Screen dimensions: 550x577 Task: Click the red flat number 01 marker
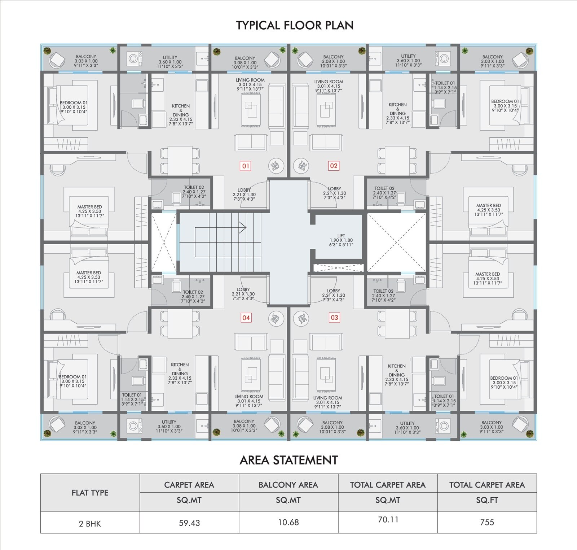pos(246,166)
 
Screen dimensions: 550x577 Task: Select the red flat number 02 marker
pos(334,166)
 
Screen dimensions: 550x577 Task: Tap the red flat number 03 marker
pos(334,318)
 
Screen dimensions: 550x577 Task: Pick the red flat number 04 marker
pos(246,318)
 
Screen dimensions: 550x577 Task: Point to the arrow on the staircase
pos(242,227)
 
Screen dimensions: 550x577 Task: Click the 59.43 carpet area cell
pos(189,523)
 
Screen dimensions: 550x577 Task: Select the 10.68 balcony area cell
pos(288,522)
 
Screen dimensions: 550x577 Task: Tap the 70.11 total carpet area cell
pos(388,519)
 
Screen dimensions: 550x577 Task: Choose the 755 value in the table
pos(487,522)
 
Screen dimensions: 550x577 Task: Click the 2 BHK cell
pos(90,523)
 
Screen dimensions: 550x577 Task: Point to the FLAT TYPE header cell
pos(90,493)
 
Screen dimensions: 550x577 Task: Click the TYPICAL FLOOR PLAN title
pos(295,25)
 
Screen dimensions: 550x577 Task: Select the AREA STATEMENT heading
pos(288,460)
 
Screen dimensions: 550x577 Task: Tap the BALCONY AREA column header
pos(288,485)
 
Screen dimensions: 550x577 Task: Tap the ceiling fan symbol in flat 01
pos(276,166)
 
